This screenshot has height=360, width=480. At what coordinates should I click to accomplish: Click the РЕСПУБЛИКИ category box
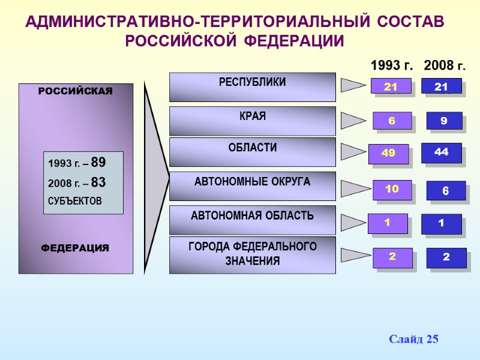(x=252, y=87)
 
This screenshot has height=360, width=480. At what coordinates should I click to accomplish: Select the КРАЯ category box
(x=252, y=121)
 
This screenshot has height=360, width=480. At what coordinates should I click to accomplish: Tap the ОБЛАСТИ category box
(x=252, y=152)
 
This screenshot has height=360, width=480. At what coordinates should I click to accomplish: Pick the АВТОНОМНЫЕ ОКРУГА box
(x=252, y=186)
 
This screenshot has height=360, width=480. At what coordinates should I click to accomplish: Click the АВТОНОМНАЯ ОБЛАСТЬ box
(x=252, y=220)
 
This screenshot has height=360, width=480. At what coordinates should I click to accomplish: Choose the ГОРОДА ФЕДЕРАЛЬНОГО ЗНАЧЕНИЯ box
(x=252, y=255)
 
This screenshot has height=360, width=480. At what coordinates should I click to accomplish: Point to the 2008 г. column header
(x=445, y=65)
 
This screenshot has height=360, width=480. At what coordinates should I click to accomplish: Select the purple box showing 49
(x=388, y=154)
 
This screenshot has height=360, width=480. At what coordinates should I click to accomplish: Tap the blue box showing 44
(x=441, y=153)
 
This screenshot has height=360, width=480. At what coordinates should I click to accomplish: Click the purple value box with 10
(x=392, y=190)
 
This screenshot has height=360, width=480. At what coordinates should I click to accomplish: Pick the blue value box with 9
(x=444, y=121)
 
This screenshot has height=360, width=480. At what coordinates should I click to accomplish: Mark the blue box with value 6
(x=445, y=191)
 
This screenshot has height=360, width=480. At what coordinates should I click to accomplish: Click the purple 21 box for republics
(x=391, y=87)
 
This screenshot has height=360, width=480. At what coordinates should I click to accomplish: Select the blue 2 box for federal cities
(x=446, y=257)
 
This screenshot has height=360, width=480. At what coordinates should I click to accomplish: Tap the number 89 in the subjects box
(x=98, y=162)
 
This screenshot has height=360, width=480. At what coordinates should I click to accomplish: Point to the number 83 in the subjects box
(x=98, y=182)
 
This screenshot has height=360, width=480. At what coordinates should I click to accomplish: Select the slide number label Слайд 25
(x=413, y=340)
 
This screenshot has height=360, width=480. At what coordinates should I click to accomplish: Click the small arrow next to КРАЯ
(x=352, y=121)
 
